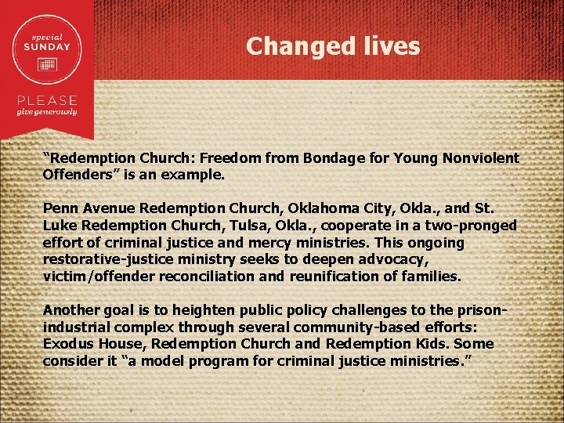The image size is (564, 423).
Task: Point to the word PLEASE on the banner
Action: tap(48, 101)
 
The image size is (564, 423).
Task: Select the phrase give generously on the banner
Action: tap(48, 112)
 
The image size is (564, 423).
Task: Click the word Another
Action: tap(70, 309)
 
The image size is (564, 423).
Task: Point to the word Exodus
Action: tap(68, 344)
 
